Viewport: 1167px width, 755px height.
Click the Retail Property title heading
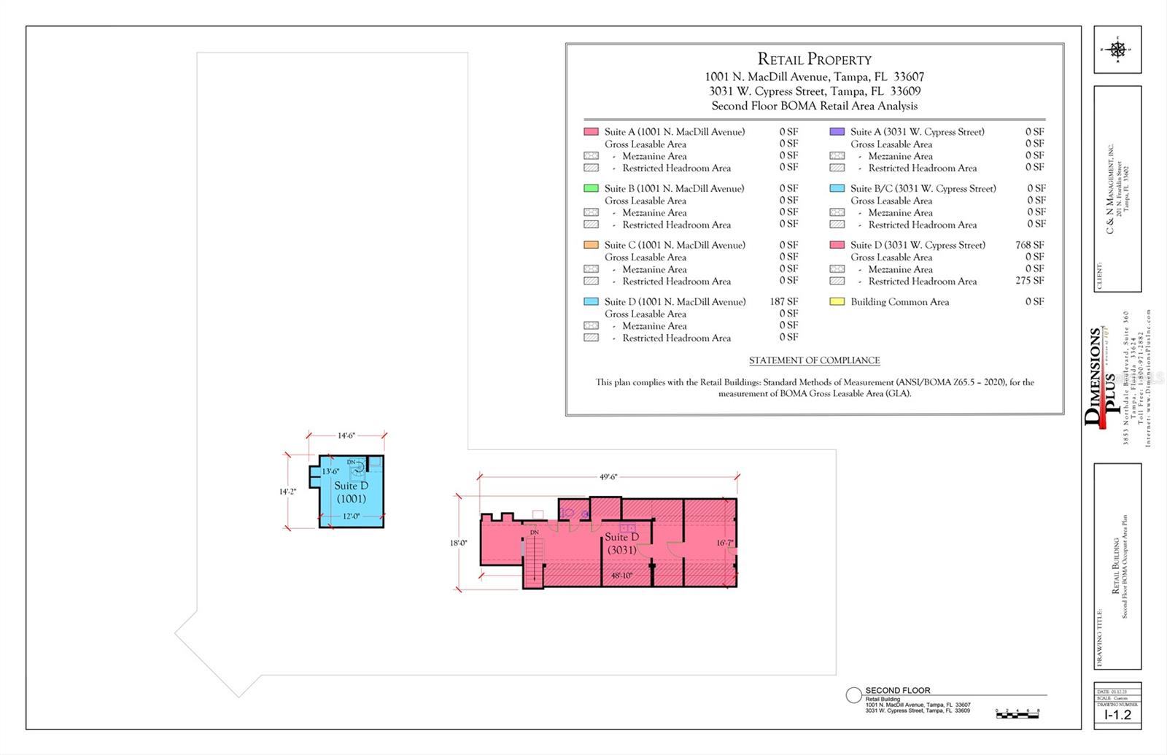click(814, 60)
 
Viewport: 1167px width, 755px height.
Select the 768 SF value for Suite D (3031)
click(1029, 245)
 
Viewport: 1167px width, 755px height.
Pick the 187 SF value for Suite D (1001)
click(783, 301)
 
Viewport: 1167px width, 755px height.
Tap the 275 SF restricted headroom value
click(1029, 281)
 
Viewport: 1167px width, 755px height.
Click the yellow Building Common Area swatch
click(837, 301)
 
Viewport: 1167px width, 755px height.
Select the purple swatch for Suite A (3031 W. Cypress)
click(837, 132)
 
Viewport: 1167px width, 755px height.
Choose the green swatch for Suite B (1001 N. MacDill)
click(591, 188)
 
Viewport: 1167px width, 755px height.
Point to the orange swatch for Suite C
click(591, 245)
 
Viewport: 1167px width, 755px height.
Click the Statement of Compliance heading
click(814, 360)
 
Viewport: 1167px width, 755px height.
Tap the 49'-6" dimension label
click(608, 476)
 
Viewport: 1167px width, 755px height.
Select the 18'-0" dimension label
click(458, 543)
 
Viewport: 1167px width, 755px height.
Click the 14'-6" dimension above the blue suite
click(346, 435)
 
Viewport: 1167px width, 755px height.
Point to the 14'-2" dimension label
click(287, 492)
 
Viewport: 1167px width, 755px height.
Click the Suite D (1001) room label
click(351, 492)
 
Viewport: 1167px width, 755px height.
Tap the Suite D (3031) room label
click(621, 543)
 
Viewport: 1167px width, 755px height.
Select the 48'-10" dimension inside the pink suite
click(621, 576)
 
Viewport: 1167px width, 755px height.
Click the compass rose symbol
click(1117, 50)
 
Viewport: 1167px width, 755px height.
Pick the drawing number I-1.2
click(1117, 715)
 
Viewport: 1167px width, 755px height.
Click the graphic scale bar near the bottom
click(1017, 714)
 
